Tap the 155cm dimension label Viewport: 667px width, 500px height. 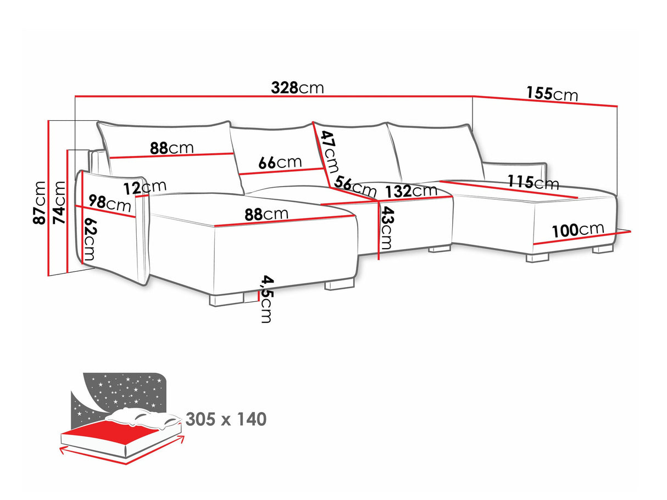click(x=552, y=94)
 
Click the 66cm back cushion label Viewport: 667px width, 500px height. click(x=280, y=162)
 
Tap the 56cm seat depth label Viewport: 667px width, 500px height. click(x=356, y=187)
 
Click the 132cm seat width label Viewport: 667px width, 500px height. click(x=411, y=192)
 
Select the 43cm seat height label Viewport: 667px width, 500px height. click(x=387, y=228)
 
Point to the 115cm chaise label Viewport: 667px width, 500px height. click(x=532, y=182)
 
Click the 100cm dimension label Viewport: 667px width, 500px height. click(x=578, y=230)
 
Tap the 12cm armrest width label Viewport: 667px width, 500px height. click(x=144, y=187)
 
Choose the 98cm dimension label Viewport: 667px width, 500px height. click(x=110, y=203)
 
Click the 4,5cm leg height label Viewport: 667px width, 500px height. click(x=266, y=299)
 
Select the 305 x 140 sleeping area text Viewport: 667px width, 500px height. click(x=226, y=420)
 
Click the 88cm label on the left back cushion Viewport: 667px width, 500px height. click(x=172, y=148)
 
